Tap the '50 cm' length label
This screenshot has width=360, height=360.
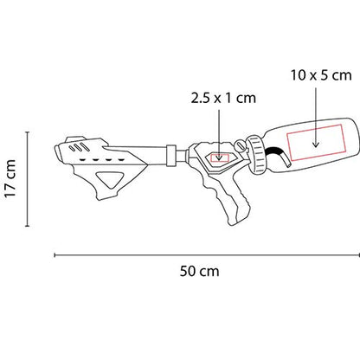[x=201, y=271]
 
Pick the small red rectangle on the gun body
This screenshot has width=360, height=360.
[x=220, y=158]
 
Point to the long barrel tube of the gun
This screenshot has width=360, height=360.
[x=151, y=157]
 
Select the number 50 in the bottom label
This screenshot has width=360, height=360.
[x=189, y=271]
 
